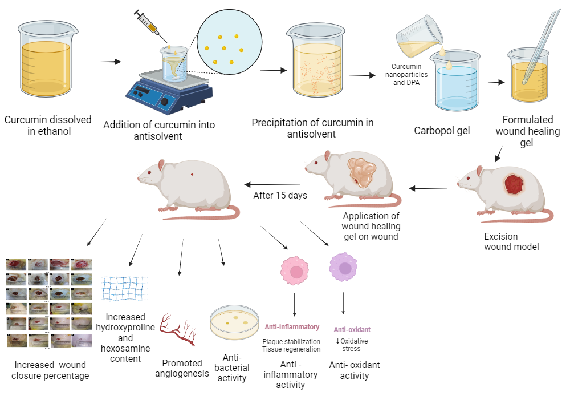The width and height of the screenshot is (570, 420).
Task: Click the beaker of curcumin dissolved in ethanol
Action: [45, 63]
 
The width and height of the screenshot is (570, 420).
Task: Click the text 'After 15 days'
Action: [280, 195]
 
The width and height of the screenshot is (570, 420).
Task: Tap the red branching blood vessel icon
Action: [178, 330]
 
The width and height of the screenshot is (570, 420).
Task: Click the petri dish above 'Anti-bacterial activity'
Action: [235, 322]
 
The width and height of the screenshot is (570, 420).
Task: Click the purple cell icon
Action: [344, 268]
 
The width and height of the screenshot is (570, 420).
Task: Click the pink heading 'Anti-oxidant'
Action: [352, 329]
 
